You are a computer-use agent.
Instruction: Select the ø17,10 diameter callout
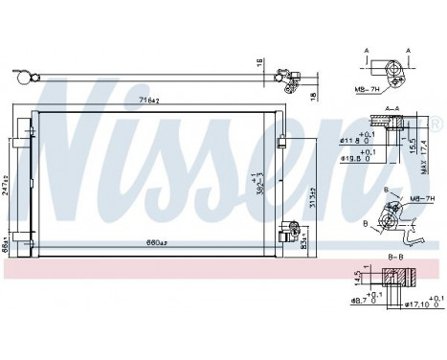[x=421, y=305]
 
